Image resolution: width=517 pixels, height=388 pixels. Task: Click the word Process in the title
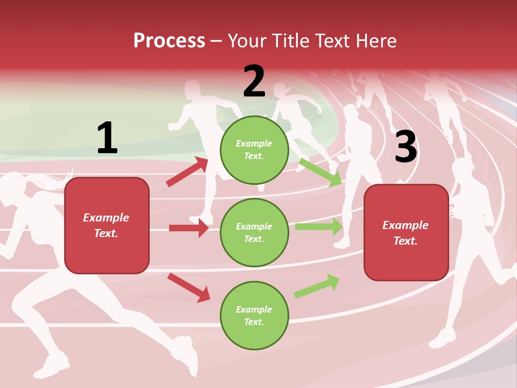[169, 41]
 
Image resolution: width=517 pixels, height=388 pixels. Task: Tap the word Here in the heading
[374, 41]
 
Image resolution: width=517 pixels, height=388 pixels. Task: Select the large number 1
[107, 138]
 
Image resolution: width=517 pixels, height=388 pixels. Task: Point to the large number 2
[254, 82]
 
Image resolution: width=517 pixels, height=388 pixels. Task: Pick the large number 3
[406, 147]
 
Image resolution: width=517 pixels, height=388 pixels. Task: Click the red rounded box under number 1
[107, 225]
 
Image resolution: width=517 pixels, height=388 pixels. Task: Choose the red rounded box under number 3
[406, 233]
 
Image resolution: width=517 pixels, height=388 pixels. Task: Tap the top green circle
[254, 150]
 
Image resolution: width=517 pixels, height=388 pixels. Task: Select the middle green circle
[254, 232]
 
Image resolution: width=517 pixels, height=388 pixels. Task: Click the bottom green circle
[254, 315]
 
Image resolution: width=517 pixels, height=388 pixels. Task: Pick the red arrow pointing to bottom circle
[188, 287]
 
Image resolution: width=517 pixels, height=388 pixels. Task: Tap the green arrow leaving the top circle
[320, 172]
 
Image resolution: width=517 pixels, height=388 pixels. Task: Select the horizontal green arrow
[318, 227]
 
